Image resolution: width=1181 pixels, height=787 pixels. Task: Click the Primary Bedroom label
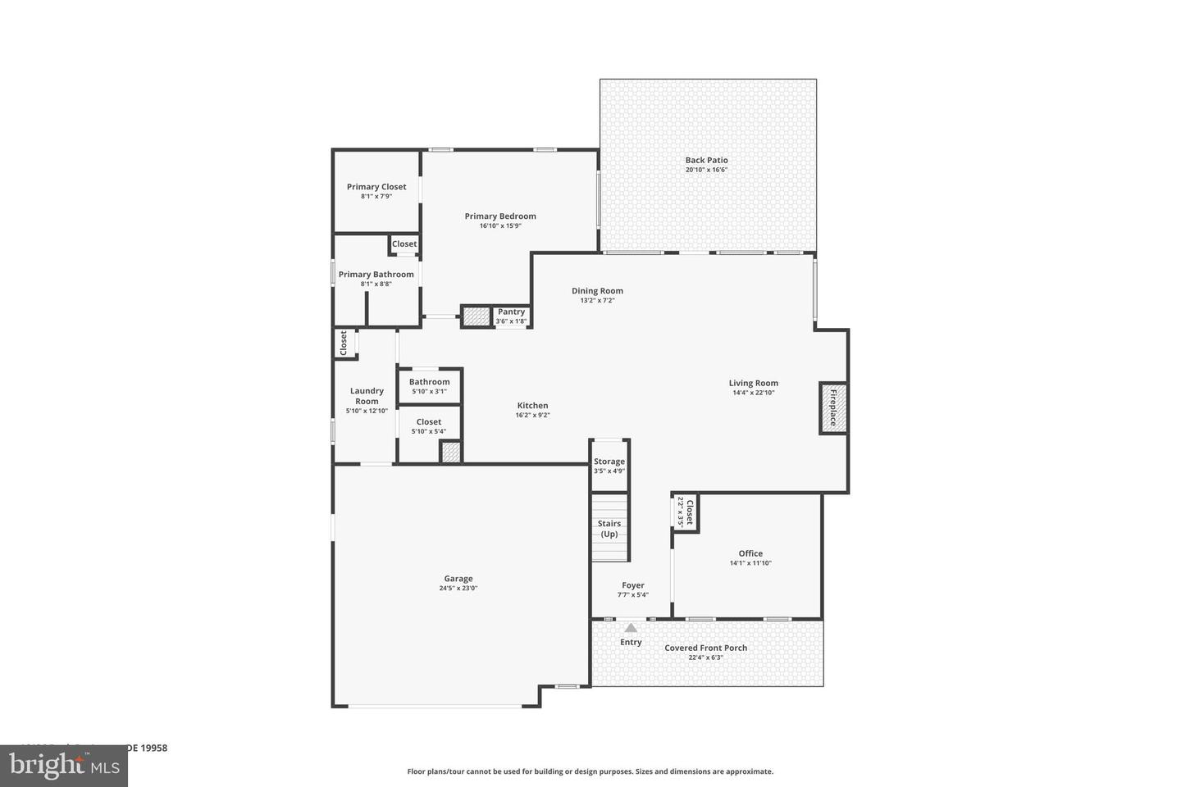pos(500,216)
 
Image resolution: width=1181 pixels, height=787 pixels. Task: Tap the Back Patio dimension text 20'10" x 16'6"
pos(706,171)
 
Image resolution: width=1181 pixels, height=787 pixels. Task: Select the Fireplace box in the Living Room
pos(832,407)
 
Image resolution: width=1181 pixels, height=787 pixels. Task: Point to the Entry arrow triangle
pos(631,628)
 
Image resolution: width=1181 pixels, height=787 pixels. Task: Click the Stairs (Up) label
pos(609,529)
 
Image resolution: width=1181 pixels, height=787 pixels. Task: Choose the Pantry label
pos(511,312)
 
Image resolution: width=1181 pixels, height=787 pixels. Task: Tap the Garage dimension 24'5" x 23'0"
pos(458,588)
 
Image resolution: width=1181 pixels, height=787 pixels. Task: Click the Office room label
pos(750,553)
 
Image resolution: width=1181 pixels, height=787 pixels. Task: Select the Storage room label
pos(609,462)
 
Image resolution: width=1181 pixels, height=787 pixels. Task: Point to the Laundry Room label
pos(367,396)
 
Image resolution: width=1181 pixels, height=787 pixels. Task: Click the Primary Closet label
pos(376,187)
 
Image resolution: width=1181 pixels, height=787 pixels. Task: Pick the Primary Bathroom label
pos(376,275)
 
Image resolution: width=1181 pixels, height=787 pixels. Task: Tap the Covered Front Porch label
pos(706,648)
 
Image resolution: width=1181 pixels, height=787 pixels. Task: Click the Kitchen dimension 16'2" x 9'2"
pos(532,415)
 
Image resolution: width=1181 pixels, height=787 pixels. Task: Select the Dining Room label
pos(597,291)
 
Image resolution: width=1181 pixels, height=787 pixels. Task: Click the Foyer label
pos(632,585)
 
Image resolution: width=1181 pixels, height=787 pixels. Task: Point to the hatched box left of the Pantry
pos(476,316)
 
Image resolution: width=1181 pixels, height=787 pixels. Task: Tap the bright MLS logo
pos(63,766)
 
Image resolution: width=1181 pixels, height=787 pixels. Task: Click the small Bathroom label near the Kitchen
pos(429,382)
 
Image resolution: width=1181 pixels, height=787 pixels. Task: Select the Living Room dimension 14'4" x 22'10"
pos(754,393)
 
